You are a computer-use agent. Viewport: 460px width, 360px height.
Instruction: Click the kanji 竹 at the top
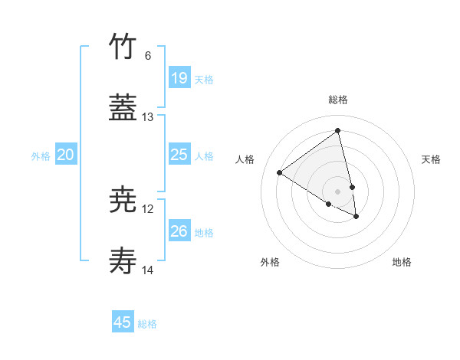[x=123, y=46]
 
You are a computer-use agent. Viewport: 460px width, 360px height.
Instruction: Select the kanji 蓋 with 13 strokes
[x=123, y=108]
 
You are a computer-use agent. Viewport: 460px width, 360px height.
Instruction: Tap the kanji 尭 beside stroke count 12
[x=123, y=200]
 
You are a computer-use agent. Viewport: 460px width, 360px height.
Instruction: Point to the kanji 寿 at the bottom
[x=123, y=261]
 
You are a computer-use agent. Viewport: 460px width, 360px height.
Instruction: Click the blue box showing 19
[x=179, y=78]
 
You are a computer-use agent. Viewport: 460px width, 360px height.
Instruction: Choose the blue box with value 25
[x=179, y=155]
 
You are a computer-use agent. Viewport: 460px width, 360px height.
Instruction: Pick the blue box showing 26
[x=179, y=231]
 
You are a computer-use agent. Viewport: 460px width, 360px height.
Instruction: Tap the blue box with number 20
[x=65, y=155]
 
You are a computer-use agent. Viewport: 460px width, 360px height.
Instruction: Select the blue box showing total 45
[x=123, y=322]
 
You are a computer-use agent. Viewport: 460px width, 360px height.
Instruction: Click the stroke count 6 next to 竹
[x=148, y=55]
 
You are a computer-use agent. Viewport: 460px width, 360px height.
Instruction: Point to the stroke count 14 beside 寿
[x=148, y=270]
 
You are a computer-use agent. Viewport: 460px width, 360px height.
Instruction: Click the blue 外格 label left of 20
[x=41, y=156]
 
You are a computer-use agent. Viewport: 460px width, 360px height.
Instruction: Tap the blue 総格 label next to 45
[x=147, y=324]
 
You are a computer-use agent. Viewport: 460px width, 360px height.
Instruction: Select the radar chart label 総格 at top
[x=337, y=100]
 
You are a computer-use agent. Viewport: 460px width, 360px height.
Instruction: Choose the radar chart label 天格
[x=431, y=159]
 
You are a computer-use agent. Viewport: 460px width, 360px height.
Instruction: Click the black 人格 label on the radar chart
[x=245, y=159]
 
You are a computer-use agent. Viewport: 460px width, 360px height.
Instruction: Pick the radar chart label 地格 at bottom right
[x=402, y=262]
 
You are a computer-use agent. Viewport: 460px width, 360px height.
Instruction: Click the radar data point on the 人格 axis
[x=279, y=172]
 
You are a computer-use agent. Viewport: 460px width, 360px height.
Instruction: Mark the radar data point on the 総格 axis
[x=337, y=131]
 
